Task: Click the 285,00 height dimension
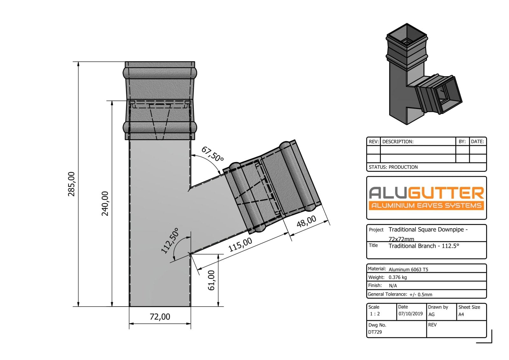(72, 184)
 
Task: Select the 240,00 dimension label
(105, 203)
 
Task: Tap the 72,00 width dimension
(160, 317)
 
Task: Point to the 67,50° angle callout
(212, 154)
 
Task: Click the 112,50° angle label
(170, 241)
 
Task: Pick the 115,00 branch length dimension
(240, 244)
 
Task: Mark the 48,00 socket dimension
(306, 222)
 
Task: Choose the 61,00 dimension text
(212, 280)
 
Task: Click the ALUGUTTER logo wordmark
(426, 193)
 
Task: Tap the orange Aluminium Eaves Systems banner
(426, 205)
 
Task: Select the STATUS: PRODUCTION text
(393, 167)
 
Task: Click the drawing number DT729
(375, 332)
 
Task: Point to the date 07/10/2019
(410, 314)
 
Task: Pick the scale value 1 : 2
(375, 314)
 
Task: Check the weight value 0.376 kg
(398, 277)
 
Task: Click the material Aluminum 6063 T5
(408, 269)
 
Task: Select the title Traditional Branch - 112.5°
(424, 246)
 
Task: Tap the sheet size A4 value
(461, 314)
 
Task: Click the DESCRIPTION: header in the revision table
(398, 142)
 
